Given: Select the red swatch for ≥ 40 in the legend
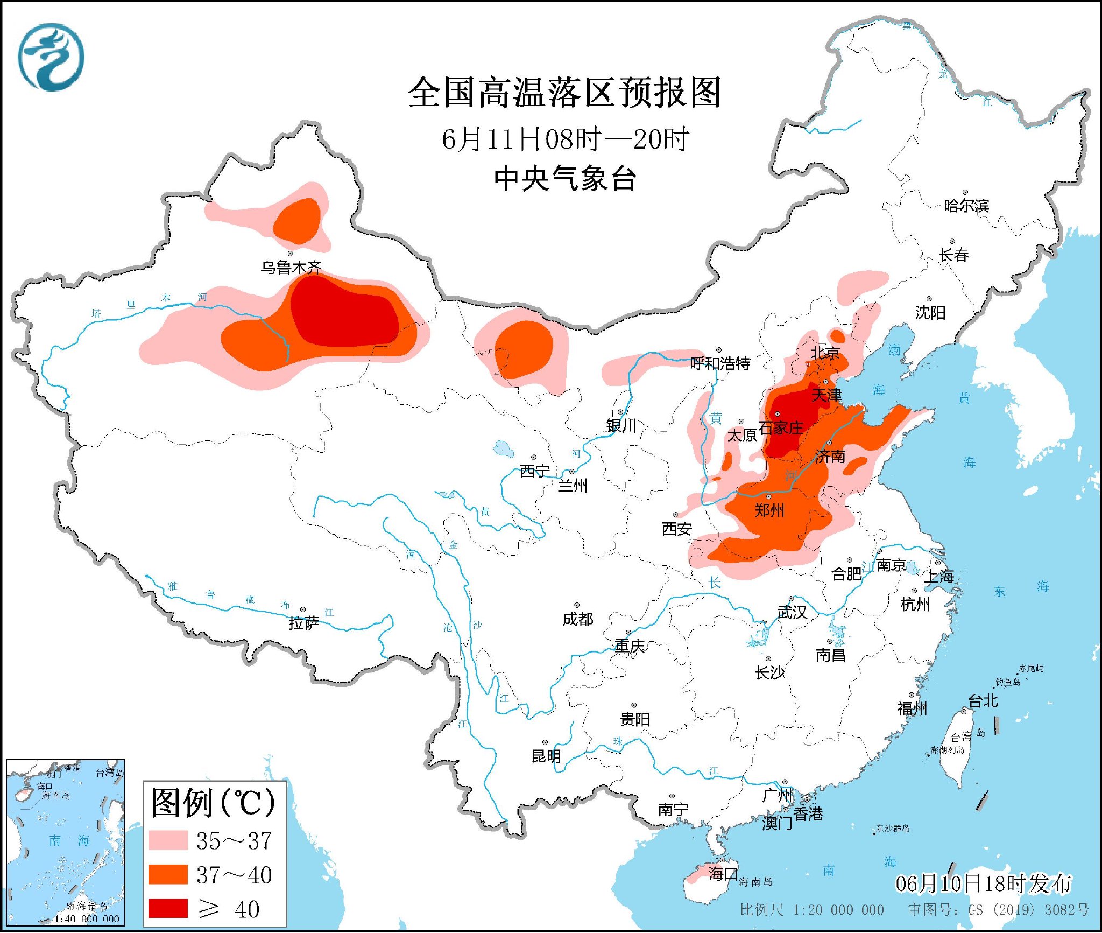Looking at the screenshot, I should (168, 908).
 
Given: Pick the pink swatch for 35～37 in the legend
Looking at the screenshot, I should (168, 840).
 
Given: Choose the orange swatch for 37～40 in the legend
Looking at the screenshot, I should (168, 874).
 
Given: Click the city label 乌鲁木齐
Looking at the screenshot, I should (291, 267).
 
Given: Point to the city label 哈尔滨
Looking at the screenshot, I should (966, 206).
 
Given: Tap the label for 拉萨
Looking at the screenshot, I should (304, 623).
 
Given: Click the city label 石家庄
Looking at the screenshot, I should (781, 428).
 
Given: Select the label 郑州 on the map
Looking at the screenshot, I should (769, 510).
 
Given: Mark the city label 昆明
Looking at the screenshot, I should (546, 756).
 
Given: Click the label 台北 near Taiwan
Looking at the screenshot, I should (983, 700).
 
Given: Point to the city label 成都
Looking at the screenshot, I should (578, 619).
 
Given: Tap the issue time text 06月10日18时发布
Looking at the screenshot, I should (983, 883).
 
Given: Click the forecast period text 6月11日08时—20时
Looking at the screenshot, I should (565, 139).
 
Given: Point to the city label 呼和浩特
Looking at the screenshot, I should (720, 363).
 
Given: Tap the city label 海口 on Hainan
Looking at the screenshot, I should (723, 873).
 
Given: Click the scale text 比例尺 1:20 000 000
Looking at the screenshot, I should (811, 910).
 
